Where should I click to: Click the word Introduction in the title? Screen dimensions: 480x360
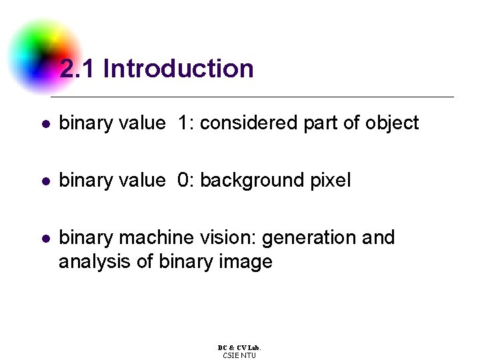click(179, 68)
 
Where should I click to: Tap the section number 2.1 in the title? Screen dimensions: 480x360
click(77, 68)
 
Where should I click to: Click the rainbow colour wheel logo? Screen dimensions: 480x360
click(44, 56)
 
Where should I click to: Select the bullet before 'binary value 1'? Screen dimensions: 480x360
click(46, 124)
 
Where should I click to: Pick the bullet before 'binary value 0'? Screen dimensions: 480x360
click(46, 181)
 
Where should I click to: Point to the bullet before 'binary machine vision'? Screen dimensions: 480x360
click(46, 239)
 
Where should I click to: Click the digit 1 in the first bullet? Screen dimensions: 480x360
click(183, 123)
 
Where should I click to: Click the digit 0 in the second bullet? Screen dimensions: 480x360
click(183, 180)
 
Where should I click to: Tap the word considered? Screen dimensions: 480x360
click(248, 123)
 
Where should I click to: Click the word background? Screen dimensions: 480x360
click(251, 181)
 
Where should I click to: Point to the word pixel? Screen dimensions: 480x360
click(331, 181)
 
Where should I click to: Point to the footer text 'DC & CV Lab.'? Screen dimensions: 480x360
click(239, 348)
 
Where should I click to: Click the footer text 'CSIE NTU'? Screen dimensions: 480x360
click(239, 355)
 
